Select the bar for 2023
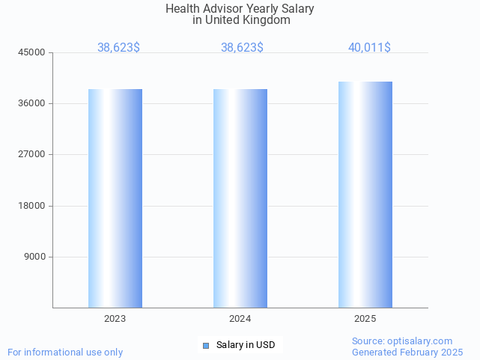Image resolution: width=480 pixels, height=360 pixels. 115,198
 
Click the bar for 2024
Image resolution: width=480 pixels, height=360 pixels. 240,198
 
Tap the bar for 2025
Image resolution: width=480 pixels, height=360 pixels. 365,195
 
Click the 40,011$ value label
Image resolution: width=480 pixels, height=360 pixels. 369,47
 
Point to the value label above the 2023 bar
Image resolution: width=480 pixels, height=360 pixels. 118,47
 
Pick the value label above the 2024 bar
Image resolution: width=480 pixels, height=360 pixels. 242,47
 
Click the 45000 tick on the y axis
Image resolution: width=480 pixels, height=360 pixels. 32,52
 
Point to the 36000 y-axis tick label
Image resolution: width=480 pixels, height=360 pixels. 32,103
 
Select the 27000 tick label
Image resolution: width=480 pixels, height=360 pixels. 32,154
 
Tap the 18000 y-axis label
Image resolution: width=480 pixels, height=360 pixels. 32,206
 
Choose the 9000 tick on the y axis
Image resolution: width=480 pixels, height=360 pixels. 34,257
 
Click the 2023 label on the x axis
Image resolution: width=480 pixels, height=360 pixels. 115,319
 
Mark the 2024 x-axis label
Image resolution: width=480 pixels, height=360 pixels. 240,319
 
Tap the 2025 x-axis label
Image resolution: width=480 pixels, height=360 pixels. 365,319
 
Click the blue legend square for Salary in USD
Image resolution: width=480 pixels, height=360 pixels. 206,345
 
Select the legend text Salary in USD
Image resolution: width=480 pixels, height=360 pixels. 246,345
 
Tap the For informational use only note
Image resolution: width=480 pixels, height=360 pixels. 65,352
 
